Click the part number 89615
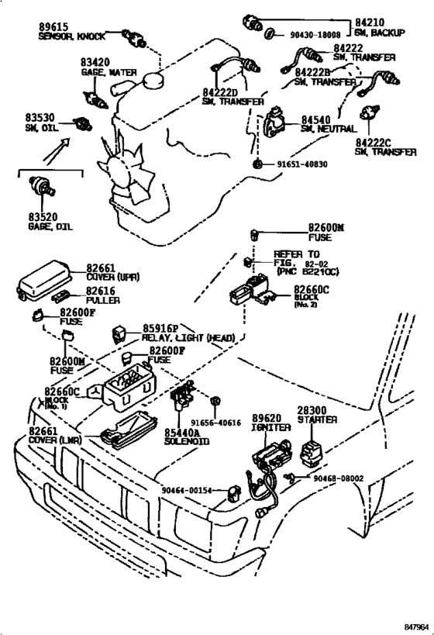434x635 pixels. [55, 26]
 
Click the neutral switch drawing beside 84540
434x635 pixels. [274, 123]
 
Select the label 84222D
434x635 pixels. [221, 91]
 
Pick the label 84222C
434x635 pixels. [377, 143]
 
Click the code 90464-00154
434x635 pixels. [187, 489]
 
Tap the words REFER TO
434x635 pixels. [296, 254]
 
